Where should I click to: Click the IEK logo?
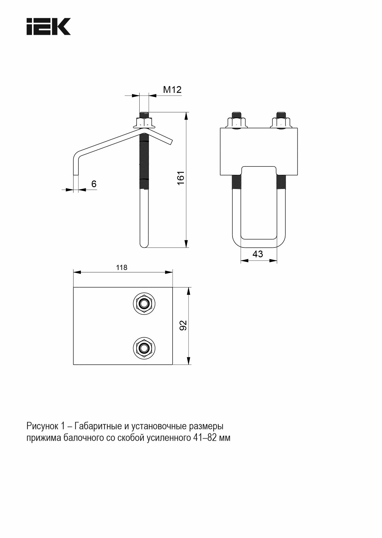click(x=49, y=26)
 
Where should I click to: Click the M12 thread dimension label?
click(x=172, y=90)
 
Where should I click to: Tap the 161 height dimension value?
click(x=181, y=178)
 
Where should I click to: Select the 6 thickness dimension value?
click(x=94, y=184)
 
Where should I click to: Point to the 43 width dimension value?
click(x=258, y=254)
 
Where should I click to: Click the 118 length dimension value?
click(x=122, y=267)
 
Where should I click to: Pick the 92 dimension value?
click(x=183, y=325)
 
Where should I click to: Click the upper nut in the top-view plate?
click(x=144, y=304)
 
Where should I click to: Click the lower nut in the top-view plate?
click(x=144, y=348)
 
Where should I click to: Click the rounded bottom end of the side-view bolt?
click(x=144, y=245)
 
